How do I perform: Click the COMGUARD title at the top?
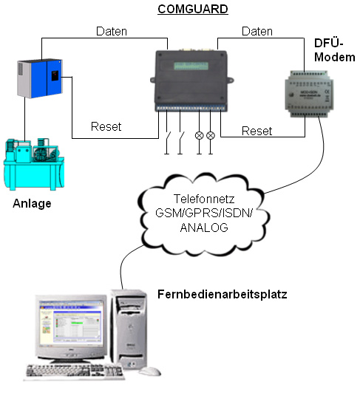(193, 10)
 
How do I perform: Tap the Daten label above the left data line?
(112, 32)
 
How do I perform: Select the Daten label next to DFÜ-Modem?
(257, 32)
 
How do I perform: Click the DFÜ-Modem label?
(334, 50)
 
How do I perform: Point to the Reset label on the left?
(106, 126)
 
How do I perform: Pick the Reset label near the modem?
(257, 131)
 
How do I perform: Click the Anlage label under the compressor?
(32, 204)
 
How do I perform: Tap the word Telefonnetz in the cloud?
(204, 199)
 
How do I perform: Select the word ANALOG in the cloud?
(204, 228)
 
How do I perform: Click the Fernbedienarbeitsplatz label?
(223, 294)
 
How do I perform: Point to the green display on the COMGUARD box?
(191, 66)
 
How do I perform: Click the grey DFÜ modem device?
(309, 94)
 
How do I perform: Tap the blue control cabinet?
(40, 78)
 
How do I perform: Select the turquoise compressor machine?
(34, 164)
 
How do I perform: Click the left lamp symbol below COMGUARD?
(199, 136)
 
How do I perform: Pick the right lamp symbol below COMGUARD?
(211, 136)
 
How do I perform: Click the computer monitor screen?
(71, 321)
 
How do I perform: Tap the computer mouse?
(150, 371)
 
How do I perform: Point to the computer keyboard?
(75, 372)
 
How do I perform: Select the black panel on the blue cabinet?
(55, 75)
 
